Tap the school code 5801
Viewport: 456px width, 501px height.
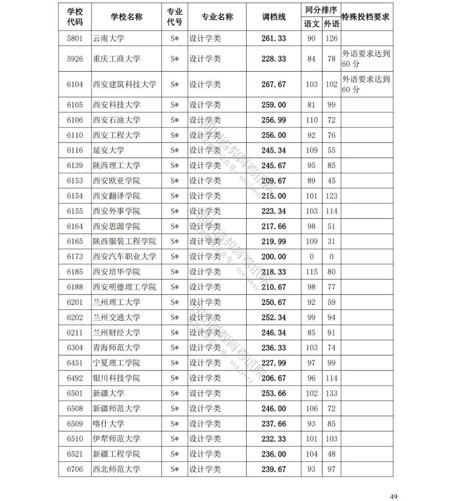click(75, 39)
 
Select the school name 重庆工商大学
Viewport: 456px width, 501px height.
click(116, 59)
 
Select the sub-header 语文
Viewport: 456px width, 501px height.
click(311, 24)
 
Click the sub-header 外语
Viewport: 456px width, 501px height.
click(331, 24)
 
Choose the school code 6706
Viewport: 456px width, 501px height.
click(75, 469)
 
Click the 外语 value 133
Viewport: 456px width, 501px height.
click(331, 393)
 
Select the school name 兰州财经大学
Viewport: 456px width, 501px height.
click(116, 332)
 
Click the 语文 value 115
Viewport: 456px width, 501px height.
click(311, 272)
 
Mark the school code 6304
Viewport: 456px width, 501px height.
click(75, 348)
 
